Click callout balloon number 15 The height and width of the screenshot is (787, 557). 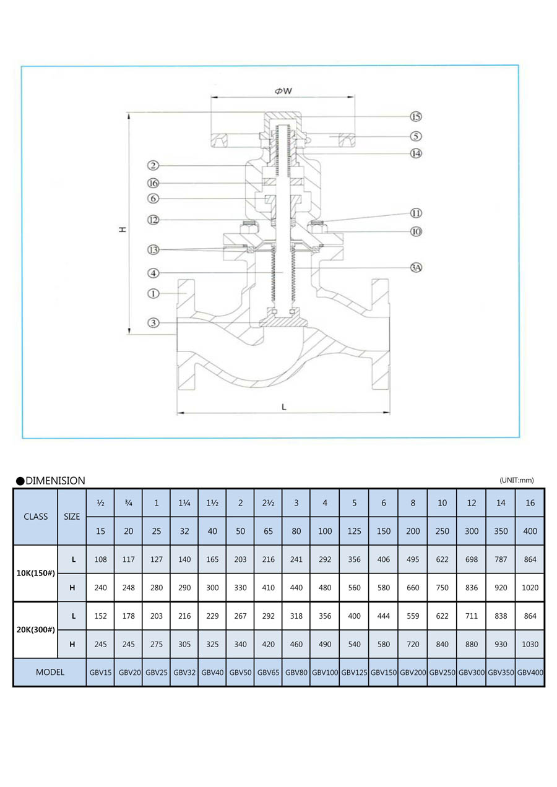(x=416, y=116)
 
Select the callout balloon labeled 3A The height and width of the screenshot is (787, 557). (x=416, y=268)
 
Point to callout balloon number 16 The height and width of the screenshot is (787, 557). (x=153, y=183)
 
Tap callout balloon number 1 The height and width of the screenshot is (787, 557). (x=153, y=293)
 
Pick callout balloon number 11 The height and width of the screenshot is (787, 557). (x=416, y=213)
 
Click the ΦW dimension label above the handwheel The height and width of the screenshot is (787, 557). (x=283, y=91)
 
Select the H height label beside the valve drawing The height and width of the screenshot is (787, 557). (x=123, y=230)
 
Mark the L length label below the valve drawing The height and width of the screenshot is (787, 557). (x=283, y=406)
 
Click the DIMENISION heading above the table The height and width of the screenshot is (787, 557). (x=55, y=481)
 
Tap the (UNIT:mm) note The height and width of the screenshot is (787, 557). (x=516, y=480)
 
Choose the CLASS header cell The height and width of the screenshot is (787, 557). (x=35, y=517)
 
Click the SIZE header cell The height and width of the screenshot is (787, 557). (x=72, y=517)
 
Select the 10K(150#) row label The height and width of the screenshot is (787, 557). (x=35, y=573)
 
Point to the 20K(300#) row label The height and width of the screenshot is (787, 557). (x=35, y=629)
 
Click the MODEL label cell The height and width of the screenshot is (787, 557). (x=50, y=672)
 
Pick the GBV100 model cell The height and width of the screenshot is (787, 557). (x=325, y=672)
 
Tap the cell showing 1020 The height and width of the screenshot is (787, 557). (x=530, y=587)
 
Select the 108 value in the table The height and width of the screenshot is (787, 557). (x=100, y=559)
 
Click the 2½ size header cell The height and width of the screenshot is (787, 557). (x=269, y=503)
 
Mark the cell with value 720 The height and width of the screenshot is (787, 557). (x=413, y=644)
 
